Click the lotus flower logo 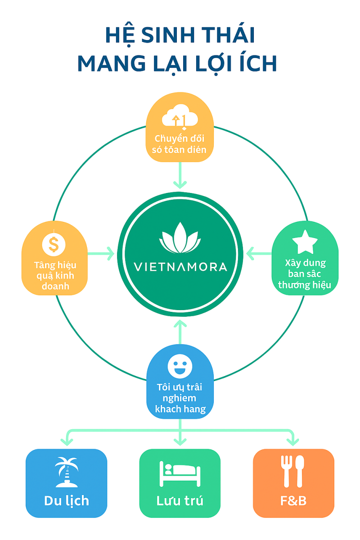click(180, 237)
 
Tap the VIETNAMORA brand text click(180, 266)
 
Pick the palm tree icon click(66, 472)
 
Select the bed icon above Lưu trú click(180, 472)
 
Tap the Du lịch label click(66, 500)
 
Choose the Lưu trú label click(180, 500)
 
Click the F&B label click(293, 500)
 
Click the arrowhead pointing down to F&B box click(293, 439)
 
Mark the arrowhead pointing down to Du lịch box click(66, 439)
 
